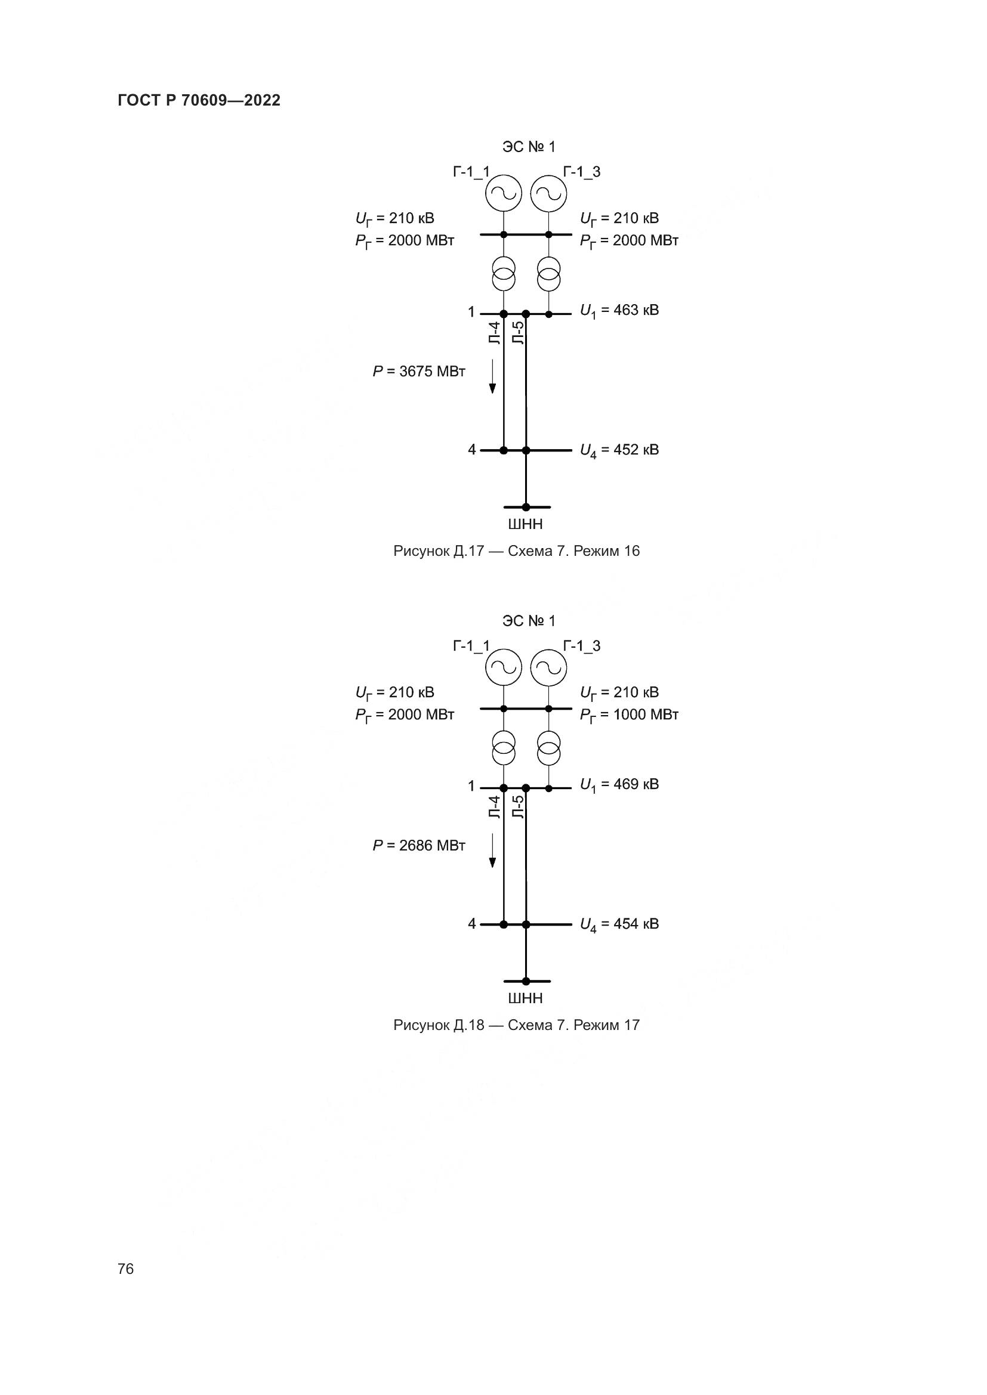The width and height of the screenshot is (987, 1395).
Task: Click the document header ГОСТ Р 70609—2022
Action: [199, 100]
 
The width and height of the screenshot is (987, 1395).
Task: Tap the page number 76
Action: [126, 1269]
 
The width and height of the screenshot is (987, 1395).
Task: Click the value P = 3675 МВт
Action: [419, 371]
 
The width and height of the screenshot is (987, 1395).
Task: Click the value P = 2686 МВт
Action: [419, 845]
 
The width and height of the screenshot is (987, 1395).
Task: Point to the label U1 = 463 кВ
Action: [619, 311]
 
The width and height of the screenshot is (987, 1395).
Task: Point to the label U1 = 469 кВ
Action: [619, 785]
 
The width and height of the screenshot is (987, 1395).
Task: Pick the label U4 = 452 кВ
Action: [619, 451]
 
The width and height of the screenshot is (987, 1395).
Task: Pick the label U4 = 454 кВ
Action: [619, 925]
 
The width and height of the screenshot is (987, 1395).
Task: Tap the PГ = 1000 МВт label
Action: [628, 715]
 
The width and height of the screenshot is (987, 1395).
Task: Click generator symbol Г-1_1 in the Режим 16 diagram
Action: [503, 194]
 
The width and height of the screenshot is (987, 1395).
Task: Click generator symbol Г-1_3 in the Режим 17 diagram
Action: [548, 668]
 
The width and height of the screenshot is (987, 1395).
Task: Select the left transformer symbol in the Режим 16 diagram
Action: [503, 273]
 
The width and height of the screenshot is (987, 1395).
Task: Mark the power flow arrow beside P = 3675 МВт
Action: [492, 377]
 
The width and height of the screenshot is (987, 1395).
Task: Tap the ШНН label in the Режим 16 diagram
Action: [525, 524]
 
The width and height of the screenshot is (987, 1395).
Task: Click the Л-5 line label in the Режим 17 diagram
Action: [518, 807]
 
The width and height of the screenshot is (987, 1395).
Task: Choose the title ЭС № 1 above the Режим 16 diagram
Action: [528, 147]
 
